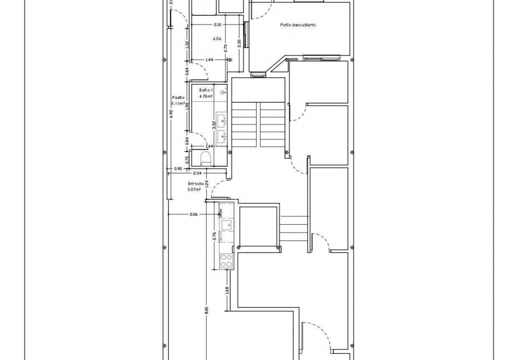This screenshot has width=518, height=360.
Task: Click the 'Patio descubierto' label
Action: coord(298,25)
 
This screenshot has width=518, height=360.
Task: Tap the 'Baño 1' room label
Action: coord(206,90)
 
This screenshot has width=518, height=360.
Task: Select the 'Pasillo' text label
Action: coord(178,97)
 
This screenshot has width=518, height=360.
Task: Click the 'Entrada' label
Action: coord(196,183)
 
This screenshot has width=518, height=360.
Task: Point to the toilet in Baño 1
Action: coord(206,158)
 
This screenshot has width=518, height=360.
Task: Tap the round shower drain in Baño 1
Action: coord(223,92)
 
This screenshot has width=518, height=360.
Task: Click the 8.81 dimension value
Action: coord(207,310)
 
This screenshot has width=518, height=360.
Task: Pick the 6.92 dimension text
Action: coord(171,113)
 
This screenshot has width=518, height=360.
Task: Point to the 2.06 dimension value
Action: coord(194,215)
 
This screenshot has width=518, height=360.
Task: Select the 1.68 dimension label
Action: coord(226,290)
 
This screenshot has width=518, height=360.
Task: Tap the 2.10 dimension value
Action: coord(217,24)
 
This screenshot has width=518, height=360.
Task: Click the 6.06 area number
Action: coord(217,39)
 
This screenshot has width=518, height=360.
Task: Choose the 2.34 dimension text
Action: coord(197,173)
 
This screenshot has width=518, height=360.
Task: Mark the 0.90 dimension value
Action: coord(178,168)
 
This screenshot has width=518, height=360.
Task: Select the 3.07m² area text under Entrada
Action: coord(194,190)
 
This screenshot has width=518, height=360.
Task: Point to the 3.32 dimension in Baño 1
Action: coord(214,125)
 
